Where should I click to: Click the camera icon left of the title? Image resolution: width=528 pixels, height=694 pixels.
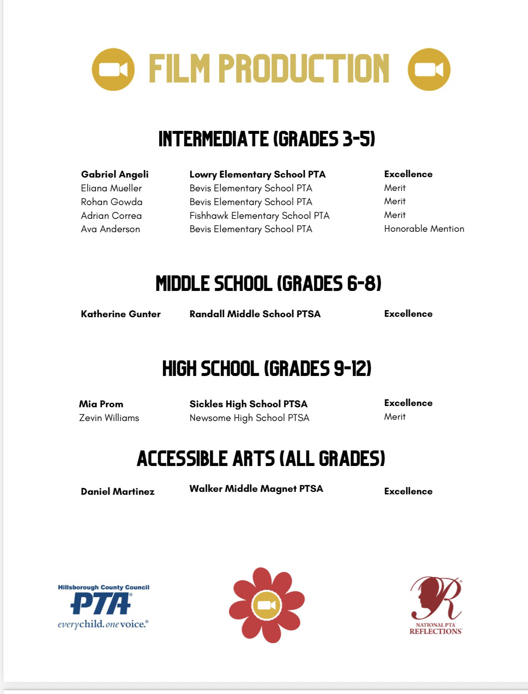click(x=113, y=69)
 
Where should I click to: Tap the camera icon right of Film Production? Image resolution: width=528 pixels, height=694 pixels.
click(x=429, y=69)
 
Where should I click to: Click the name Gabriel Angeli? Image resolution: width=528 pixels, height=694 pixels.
click(x=115, y=174)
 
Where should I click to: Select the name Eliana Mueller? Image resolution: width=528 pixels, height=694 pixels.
click(x=111, y=188)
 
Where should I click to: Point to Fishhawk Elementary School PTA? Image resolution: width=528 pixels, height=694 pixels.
click(x=259, y=215)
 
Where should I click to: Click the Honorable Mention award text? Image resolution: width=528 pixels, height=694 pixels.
click(x=424, y=229)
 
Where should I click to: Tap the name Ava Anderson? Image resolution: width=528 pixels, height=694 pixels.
click(x=110, y=229)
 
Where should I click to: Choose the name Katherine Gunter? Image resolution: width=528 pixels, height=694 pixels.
click(x=120, y=314)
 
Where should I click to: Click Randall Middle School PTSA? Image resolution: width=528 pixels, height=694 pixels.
click(x=255, y=314)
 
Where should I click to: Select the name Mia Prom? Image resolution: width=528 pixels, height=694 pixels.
click(x=101, y=404)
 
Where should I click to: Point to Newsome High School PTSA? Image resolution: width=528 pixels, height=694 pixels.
click(x=249, y=418)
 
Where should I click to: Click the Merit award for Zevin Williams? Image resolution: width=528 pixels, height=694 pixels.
click(x=394, y=417)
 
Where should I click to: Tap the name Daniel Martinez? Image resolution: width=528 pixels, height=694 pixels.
click(x=117, y=491)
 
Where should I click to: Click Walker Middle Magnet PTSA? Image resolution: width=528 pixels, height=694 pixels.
click(x=256, y=489)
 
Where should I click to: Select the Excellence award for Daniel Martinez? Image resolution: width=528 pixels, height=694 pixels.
click(x=408, y=491)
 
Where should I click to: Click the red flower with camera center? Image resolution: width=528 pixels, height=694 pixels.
click(x=266, y=605)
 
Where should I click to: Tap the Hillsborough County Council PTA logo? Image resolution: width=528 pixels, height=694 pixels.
click(x=103, y=606)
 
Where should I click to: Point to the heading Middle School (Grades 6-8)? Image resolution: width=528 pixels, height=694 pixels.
click(x=268, y=283)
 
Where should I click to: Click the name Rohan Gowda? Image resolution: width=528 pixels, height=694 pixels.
click(x=112, y=202)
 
